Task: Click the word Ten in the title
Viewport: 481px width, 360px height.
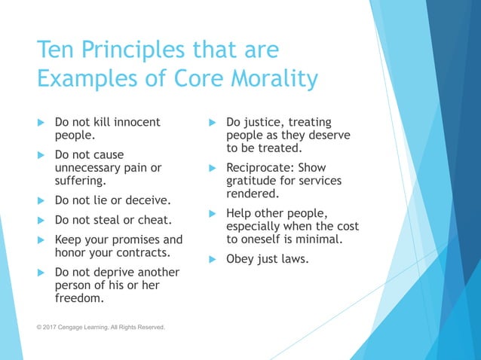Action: (57, 51)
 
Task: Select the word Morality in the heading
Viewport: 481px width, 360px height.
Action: (270, 78)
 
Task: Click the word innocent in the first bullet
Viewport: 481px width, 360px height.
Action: (137, 122)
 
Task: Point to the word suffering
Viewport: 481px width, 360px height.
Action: (81, 181)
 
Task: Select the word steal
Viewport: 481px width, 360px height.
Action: (109, 220)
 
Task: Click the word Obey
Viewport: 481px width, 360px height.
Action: (240, 259)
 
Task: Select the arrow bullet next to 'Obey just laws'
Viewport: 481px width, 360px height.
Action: (212, 259)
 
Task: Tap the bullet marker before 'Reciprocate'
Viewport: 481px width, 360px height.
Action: (212, 167)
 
